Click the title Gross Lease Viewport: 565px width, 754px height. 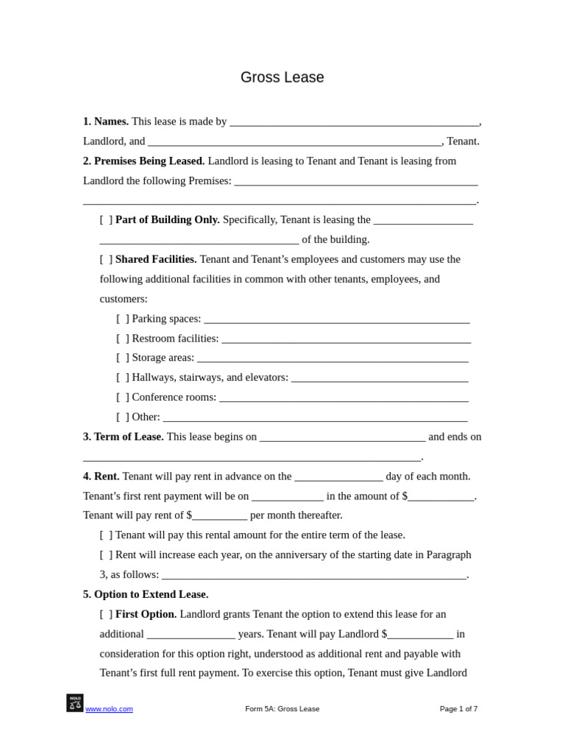[x=282, y=77]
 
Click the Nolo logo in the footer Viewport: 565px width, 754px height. [x=75, y=703]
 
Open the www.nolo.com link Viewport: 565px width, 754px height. [x=109, y=709]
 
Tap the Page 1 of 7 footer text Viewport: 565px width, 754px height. [x=458, y=709]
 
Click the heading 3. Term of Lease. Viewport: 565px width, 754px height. [x=124, y=437]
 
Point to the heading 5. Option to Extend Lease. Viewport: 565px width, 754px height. [x=146, y=594]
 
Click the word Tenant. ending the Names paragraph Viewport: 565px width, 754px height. [x=463, y=141]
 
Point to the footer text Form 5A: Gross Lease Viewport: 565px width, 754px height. [x=282, y=709]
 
